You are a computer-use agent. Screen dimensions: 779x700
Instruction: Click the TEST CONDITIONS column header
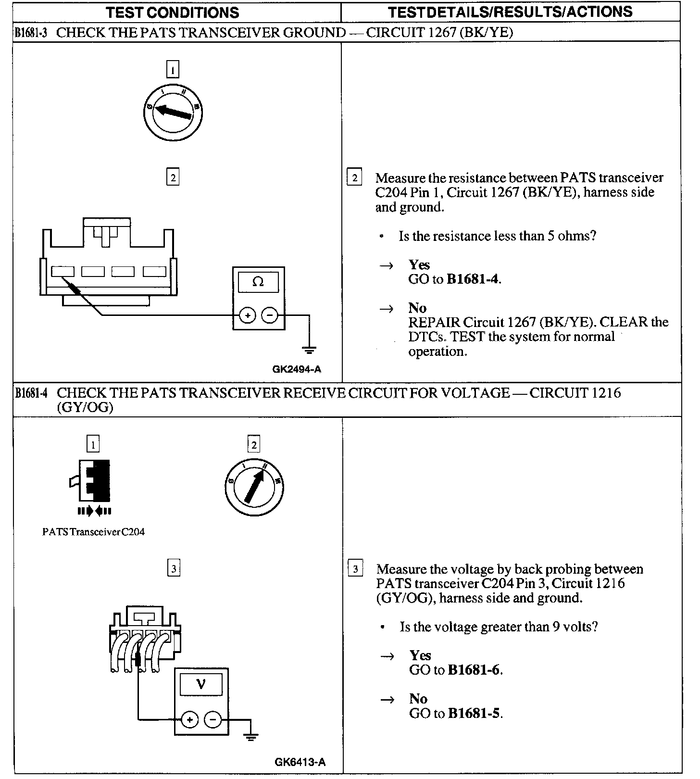pyautogui.click(x=172, y=12)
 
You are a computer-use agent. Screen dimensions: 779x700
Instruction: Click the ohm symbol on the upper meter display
pyautogui.click(x=258, y=282)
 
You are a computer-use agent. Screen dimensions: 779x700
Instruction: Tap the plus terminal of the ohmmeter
pyautogui.click(x=247, y=315)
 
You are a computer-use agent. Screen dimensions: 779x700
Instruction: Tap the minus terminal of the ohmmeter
pyautogui.click(x=270, y=315)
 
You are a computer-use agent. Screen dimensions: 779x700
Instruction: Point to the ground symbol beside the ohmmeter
pyautogui.click(x=310, y=350)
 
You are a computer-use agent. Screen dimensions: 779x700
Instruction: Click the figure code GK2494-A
pyautogui.click(x=297, y=369)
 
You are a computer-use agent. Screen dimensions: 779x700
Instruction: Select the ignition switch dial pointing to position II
pyautogui.click(x=254, y=488)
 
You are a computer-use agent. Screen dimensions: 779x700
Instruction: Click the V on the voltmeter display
pyautogui.click(x=201, y=684)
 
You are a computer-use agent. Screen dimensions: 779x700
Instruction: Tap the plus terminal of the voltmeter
pyautogui.click(x=189, y=719)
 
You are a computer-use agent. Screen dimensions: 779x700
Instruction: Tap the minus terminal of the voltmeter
pyautogui.click(x=213, y=719)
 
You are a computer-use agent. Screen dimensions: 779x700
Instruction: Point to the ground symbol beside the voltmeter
pyautogui.click(x=250, y=736)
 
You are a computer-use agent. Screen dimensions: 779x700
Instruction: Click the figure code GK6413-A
pyautogui.click(x=300, y=762)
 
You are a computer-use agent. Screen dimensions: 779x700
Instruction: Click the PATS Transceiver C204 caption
pyautogui.click(x=93, y=532)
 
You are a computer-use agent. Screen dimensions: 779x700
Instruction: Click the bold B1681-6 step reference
pyautogui.click(x=474, y=670)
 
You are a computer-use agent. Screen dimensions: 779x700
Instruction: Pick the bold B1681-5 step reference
pyautogui.click(x=474, y=713)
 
